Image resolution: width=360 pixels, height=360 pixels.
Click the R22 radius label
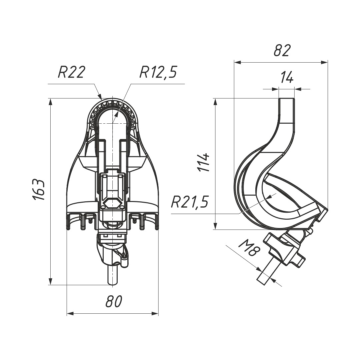pos(71,72)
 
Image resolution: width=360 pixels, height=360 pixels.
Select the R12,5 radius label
pos(158,72)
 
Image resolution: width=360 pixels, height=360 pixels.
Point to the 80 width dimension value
pos(113,301)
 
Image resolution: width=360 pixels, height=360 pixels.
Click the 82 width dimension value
pos(282,50)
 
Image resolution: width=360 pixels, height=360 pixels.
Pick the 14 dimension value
pos(287,78)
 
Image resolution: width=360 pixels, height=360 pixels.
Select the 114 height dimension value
pos(204,162)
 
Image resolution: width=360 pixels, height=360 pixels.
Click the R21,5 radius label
pos(190,202)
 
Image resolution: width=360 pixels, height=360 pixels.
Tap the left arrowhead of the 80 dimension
pos(70,314)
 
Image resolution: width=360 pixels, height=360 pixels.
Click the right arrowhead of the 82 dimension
pos(324,62)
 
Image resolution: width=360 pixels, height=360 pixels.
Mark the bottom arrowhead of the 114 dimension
pos(215,225)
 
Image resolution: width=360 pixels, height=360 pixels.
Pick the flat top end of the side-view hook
pos(287,98)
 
